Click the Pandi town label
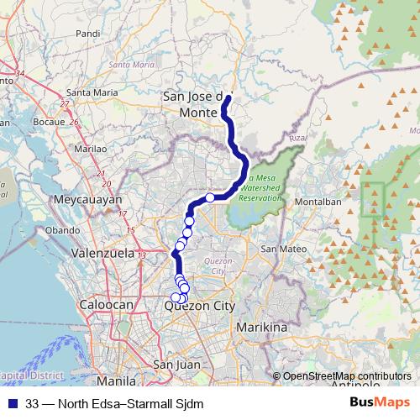pos(87,34)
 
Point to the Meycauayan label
pos(87,201)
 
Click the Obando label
pos(62,229)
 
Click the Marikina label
pos(261,326)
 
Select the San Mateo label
pos(281,249)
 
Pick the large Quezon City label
pos(201,307)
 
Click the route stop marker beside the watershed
pos(210,198)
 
